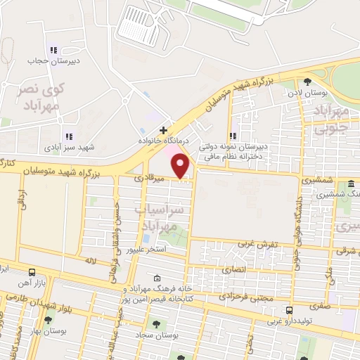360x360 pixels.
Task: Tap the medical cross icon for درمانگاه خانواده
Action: tap(164, 130)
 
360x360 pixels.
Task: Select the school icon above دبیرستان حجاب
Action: tap(53, 50)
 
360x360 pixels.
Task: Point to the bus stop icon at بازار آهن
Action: tap(32, 271)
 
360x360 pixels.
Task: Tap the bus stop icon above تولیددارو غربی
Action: tap(289, 310)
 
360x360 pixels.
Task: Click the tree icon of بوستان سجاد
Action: tap(155, 325)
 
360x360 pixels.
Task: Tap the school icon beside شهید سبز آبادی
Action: tap(68, 136)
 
